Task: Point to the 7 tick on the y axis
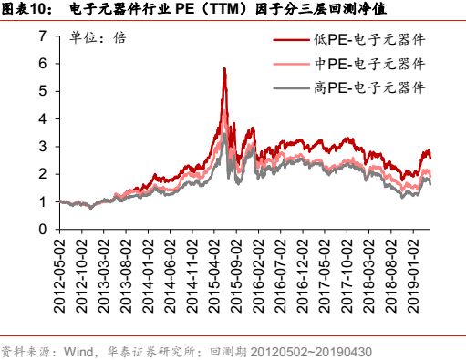[x=41, y=36]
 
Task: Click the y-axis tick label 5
[x=41, y=91]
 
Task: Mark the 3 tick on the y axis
[x=41, y=146]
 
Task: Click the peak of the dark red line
[x=224, y=68]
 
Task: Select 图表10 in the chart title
[x=25, y=10]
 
